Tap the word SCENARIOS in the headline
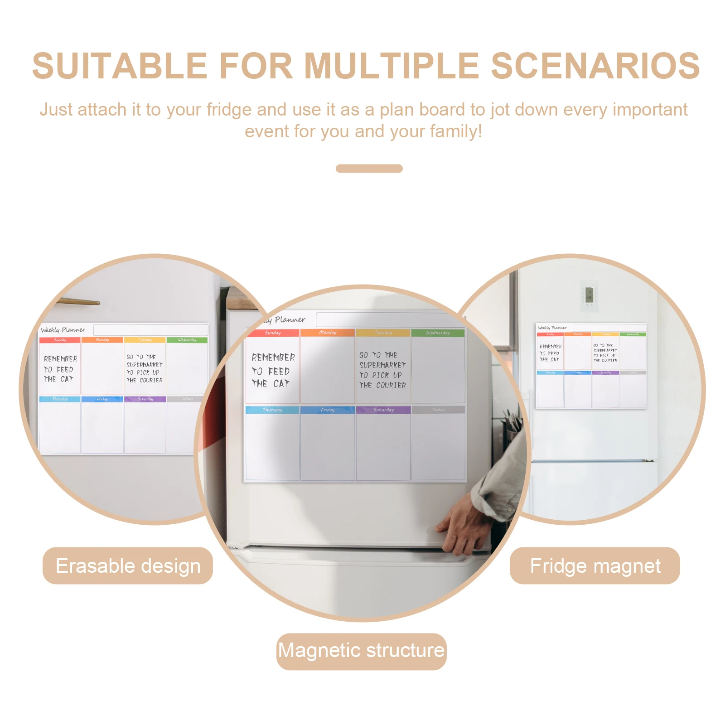595,66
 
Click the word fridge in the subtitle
228,110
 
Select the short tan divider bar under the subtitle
369,169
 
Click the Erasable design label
128,566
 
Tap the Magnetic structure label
361,651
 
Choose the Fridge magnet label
595,566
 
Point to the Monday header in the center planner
328,333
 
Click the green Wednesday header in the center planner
438,333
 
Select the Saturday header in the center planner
383,410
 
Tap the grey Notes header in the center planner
438,410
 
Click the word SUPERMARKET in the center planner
382,365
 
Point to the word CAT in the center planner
281,384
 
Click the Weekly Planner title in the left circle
63,330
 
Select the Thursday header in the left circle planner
60,399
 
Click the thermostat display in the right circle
589,295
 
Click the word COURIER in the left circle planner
151,380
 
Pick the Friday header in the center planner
328,410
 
